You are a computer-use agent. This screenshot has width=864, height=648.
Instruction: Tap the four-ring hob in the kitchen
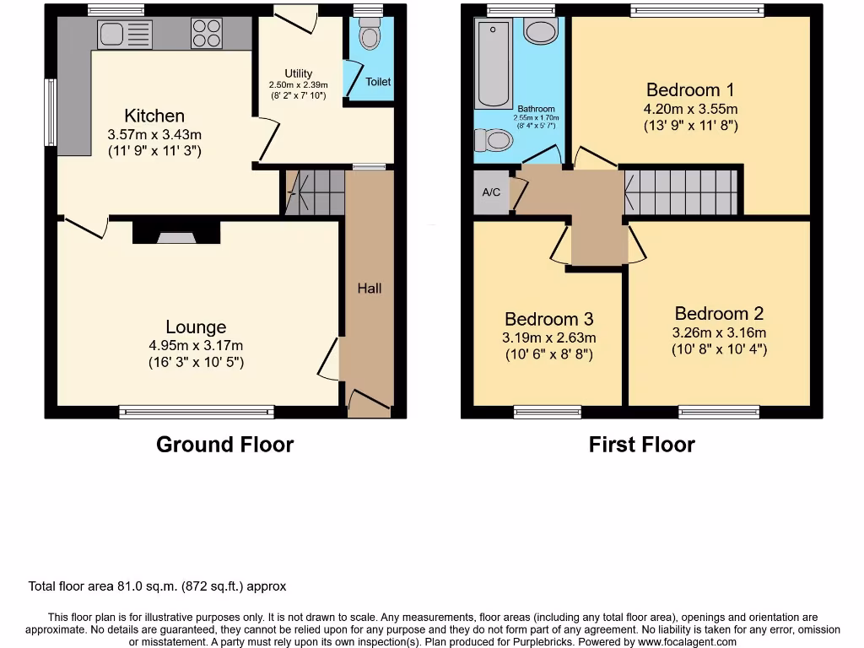[207, 34]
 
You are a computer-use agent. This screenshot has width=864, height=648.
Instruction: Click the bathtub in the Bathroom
[492, 62]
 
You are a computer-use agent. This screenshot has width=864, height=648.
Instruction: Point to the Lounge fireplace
[175, 232]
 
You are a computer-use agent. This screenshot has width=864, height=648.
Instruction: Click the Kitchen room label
[154, 116]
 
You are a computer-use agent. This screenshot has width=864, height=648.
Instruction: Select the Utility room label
[299, 73]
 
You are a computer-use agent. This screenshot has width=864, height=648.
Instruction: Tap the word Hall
[370, 289]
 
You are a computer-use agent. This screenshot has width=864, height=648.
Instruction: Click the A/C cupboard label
[491, 192]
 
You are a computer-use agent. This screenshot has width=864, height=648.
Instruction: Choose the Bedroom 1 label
[689, 89]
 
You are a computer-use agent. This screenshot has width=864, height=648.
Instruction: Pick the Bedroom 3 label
[548, 319]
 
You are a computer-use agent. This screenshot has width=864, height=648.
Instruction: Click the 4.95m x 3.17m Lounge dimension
[196, 346]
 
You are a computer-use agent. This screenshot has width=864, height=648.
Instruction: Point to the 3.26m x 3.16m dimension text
[719, 332]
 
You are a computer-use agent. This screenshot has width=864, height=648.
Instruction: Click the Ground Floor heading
[224, 445]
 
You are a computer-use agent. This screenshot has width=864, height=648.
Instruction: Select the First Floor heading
[641, 445]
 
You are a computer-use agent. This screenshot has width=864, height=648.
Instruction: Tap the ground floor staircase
[316, 192]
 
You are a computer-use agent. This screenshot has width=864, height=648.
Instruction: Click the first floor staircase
[682, 192]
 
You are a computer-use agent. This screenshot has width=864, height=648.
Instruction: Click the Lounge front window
[197, 412]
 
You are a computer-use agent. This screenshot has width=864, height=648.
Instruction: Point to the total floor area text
[158, 586]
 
